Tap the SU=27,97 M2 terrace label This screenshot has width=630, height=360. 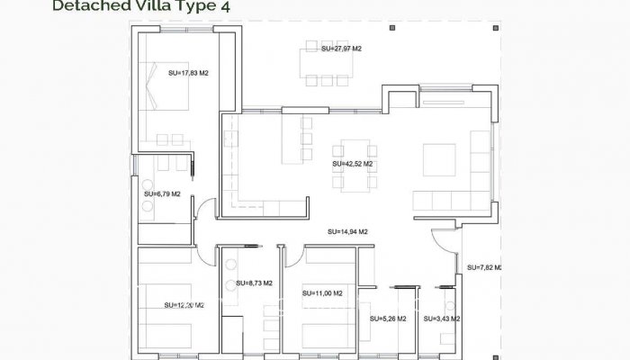(341, 49)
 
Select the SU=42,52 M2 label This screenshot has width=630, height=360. (352, 164)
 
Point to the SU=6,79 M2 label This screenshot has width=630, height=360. (162, 193)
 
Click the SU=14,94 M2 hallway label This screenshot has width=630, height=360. (347, 231)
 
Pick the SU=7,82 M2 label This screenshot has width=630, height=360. (484, 267)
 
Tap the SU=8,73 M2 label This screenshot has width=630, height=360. (254, 283)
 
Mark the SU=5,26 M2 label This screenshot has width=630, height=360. (388, 319)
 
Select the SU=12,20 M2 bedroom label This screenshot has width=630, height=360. (184, 306)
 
